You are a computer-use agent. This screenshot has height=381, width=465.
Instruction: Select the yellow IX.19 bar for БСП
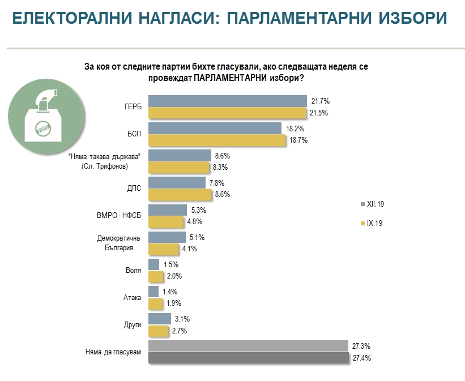click(216, 141)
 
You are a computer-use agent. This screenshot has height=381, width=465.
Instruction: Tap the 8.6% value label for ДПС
click(223, 194)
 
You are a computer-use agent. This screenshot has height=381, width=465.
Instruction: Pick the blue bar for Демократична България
click(167, 237)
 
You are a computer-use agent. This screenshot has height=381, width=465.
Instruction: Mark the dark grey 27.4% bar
click(248, 358)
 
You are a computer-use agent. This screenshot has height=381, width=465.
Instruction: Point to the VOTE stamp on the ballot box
click(42, 128)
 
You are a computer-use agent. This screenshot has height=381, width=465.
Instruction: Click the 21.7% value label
click(320, 101)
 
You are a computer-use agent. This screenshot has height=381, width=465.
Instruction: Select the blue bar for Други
click(159, 319)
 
